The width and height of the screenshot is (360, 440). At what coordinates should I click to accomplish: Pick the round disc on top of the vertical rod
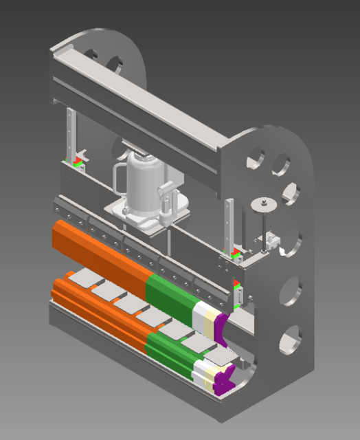click(x=262, y=203)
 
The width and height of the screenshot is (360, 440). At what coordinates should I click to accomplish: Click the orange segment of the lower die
click(x=96, y=309)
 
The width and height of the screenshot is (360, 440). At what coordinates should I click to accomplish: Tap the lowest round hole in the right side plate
click(x=289, y=339)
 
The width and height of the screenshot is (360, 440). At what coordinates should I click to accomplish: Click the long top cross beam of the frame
click(x=137, y=103)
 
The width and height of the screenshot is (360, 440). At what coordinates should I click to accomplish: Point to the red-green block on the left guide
click(x=77, y=163)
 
